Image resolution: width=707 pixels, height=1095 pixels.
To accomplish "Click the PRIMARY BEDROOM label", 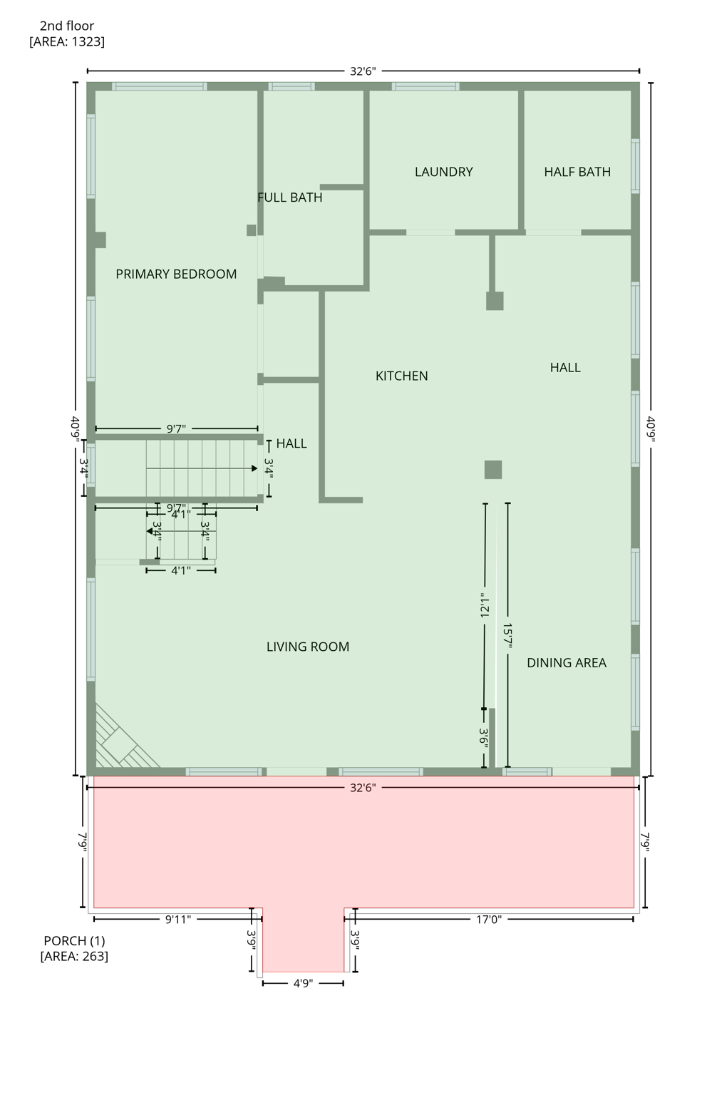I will pos(176,274).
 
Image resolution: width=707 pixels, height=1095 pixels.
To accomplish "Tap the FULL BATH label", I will pos(290,197).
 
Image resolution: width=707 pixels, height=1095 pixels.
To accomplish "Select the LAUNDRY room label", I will pos(443,172).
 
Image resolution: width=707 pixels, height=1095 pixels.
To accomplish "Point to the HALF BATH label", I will pos(577,172).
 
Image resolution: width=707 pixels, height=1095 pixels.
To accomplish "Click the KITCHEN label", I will pos(402,376).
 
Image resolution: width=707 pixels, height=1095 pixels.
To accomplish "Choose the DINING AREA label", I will pos(567,663).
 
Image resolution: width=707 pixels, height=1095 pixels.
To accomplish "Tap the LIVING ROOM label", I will pos(308,647).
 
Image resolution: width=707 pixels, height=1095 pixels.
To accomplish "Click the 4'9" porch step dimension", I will pos(303,984).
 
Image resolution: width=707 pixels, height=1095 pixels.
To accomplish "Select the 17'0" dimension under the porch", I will pos(489,920).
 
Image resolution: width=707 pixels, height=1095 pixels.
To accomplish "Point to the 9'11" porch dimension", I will pos(178,920).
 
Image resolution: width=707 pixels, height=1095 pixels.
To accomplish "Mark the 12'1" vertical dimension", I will pos(485,606).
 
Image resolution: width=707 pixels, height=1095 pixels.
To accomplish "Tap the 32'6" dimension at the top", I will pos(363,71).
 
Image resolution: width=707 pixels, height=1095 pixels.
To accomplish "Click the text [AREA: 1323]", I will pos(67,42).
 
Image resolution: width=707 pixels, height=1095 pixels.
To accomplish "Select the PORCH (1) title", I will pos(74,941).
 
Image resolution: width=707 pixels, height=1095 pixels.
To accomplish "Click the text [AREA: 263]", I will pos(74,957).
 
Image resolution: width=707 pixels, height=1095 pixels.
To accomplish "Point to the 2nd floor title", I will pos(67,26).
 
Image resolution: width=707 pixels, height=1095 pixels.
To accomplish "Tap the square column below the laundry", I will pos(495,301).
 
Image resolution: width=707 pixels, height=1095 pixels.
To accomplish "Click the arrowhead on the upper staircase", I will pos(254,468).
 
